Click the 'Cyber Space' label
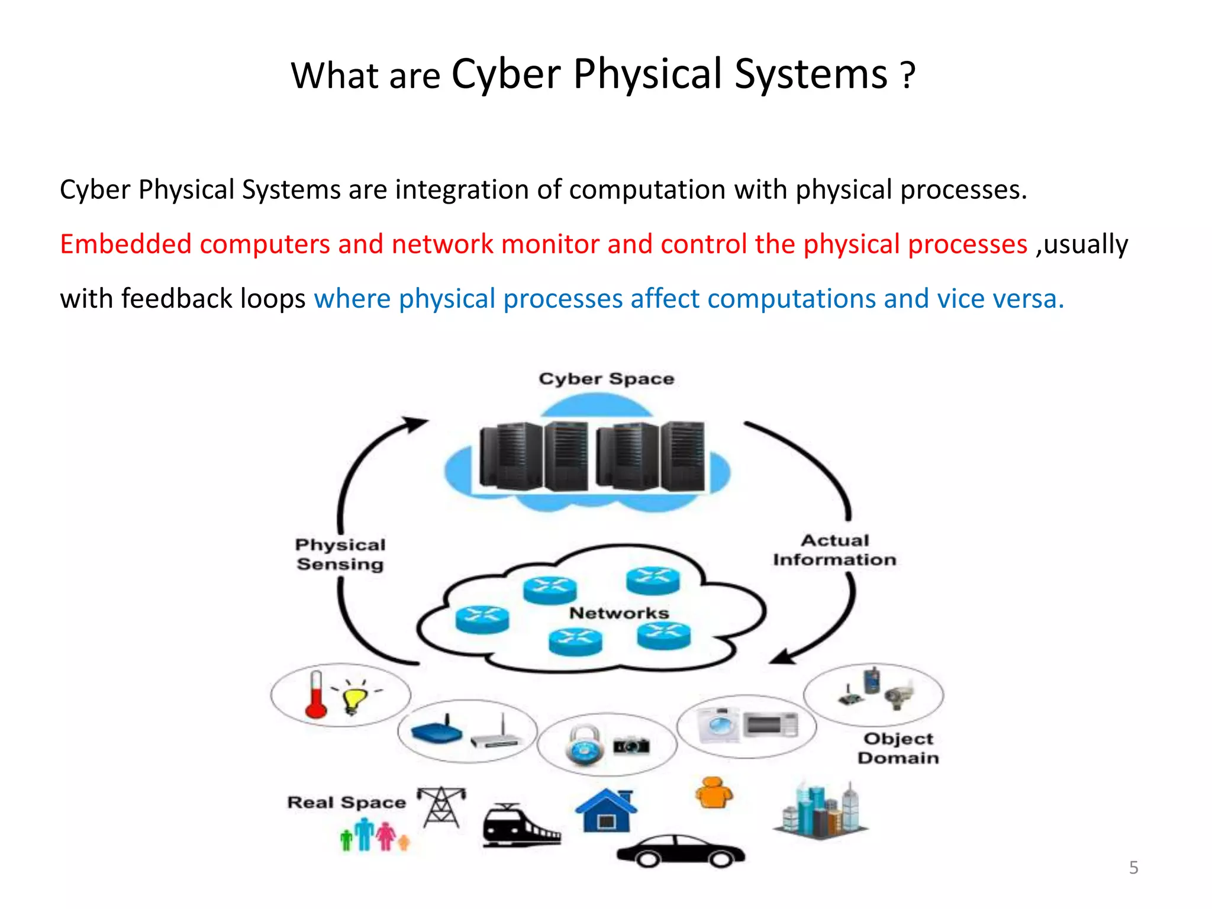(606, 379)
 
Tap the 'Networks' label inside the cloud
(619, 613)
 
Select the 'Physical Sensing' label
(340, 555)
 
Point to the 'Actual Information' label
(834, 550)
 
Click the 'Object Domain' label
(898, 748)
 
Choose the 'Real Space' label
(347, 802)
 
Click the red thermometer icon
(316, 695)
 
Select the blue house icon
(606, 811)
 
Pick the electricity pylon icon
(441, 807)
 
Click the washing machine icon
(718, 725)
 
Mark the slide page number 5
(1133, 868)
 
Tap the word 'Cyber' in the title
(506, 75)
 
